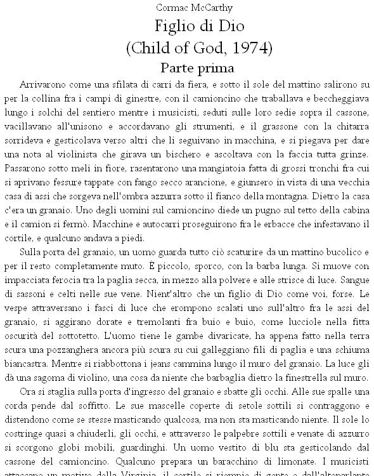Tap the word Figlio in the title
pos(174,27)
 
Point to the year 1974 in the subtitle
pos(252,48)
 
